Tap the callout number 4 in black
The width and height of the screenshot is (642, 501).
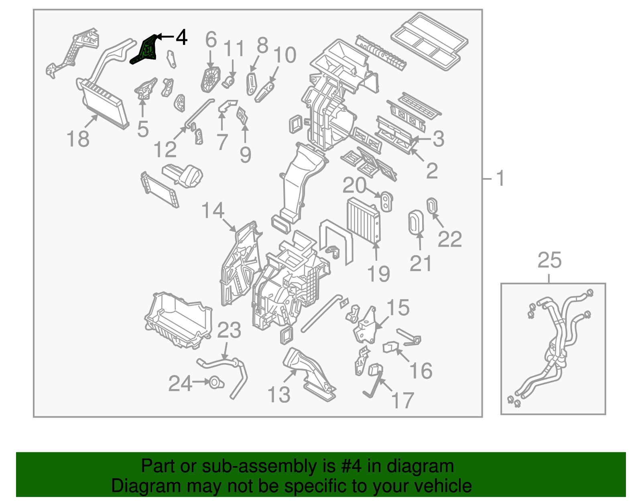tap(181, 37)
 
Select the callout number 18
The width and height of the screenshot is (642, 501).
tap(78, 139)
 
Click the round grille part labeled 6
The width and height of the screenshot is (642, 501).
tap(211, 79)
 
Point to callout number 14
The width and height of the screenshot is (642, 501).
tap(213, 211)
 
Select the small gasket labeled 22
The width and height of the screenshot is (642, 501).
tap(432, 206)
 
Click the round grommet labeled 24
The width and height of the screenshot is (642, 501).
tap(215, 383)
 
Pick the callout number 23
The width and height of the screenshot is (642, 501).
tap(229, 331)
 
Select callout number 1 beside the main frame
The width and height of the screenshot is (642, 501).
tap(500, 178)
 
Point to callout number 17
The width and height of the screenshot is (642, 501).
tap(402, 400)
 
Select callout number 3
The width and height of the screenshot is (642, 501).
tap(438, 139)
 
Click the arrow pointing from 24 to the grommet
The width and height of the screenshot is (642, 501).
tap(200, 383)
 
